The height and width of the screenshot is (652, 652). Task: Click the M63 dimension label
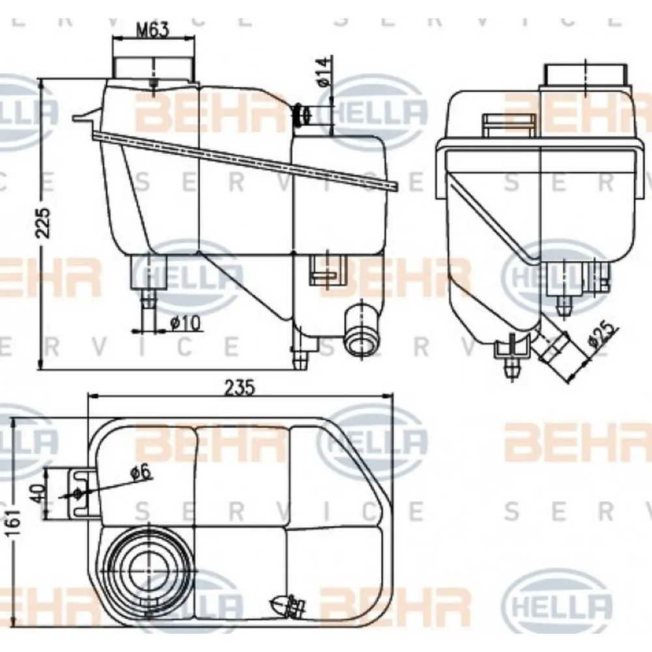coord(153,29)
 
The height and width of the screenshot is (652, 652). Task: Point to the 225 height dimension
coord(42,224)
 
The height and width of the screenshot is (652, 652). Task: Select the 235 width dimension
coord(239,387)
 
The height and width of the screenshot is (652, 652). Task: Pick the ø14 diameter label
coord(324,72)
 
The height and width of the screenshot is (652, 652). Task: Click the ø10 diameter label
coord(185,322)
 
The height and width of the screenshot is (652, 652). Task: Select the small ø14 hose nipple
coord(302,115)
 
